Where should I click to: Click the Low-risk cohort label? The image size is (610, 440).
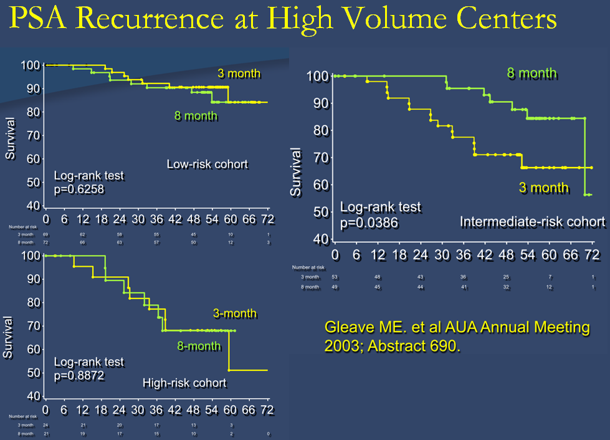tap(207, 165)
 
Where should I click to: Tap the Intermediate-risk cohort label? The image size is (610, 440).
tap(532, 222)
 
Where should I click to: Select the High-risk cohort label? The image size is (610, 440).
tap(184, 383)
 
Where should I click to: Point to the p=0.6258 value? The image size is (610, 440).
tap(79, 188)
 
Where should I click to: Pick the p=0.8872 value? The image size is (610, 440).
tap(80, 376)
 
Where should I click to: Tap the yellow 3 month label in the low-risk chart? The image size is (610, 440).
tap(239, 74)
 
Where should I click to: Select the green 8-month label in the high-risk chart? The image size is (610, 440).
tap(198, 345)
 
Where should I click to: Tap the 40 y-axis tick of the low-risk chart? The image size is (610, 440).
tap(31, 206)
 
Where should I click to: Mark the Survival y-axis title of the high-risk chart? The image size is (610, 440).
tap(8, 337)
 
